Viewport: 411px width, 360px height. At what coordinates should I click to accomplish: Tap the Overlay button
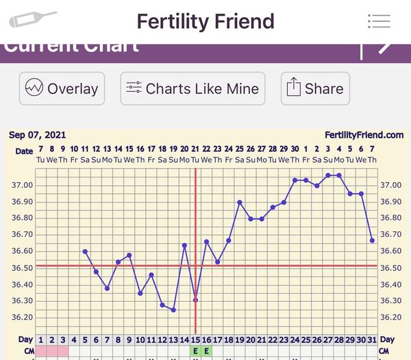click(62, 88)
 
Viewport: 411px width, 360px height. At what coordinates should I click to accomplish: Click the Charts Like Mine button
click(192, 88)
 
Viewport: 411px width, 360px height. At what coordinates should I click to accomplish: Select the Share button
click(315, 88)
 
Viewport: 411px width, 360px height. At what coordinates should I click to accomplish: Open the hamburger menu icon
click(379, 21)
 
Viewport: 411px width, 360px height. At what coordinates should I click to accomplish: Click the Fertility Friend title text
click(206, 21)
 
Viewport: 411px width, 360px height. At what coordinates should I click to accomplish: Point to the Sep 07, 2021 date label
click(38, 135)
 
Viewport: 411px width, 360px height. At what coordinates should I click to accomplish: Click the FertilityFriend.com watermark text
click(364, 136)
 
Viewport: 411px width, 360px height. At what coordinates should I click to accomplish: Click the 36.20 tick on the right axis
click(391, 318)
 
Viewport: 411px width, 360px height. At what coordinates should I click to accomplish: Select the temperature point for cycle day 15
click(195, 300)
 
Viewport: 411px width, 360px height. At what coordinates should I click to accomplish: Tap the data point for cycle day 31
click(372, 240)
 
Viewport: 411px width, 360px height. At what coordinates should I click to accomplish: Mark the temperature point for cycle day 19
click(239, 203)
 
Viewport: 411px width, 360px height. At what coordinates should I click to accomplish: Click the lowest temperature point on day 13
click(173, 310)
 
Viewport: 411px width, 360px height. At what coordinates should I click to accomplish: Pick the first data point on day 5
click(85, 251)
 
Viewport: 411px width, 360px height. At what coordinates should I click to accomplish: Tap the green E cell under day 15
click(195, 351)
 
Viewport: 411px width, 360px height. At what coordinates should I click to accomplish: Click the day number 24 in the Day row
click(295, 339)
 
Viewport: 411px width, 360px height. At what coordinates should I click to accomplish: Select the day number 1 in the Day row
click(40, 339)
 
